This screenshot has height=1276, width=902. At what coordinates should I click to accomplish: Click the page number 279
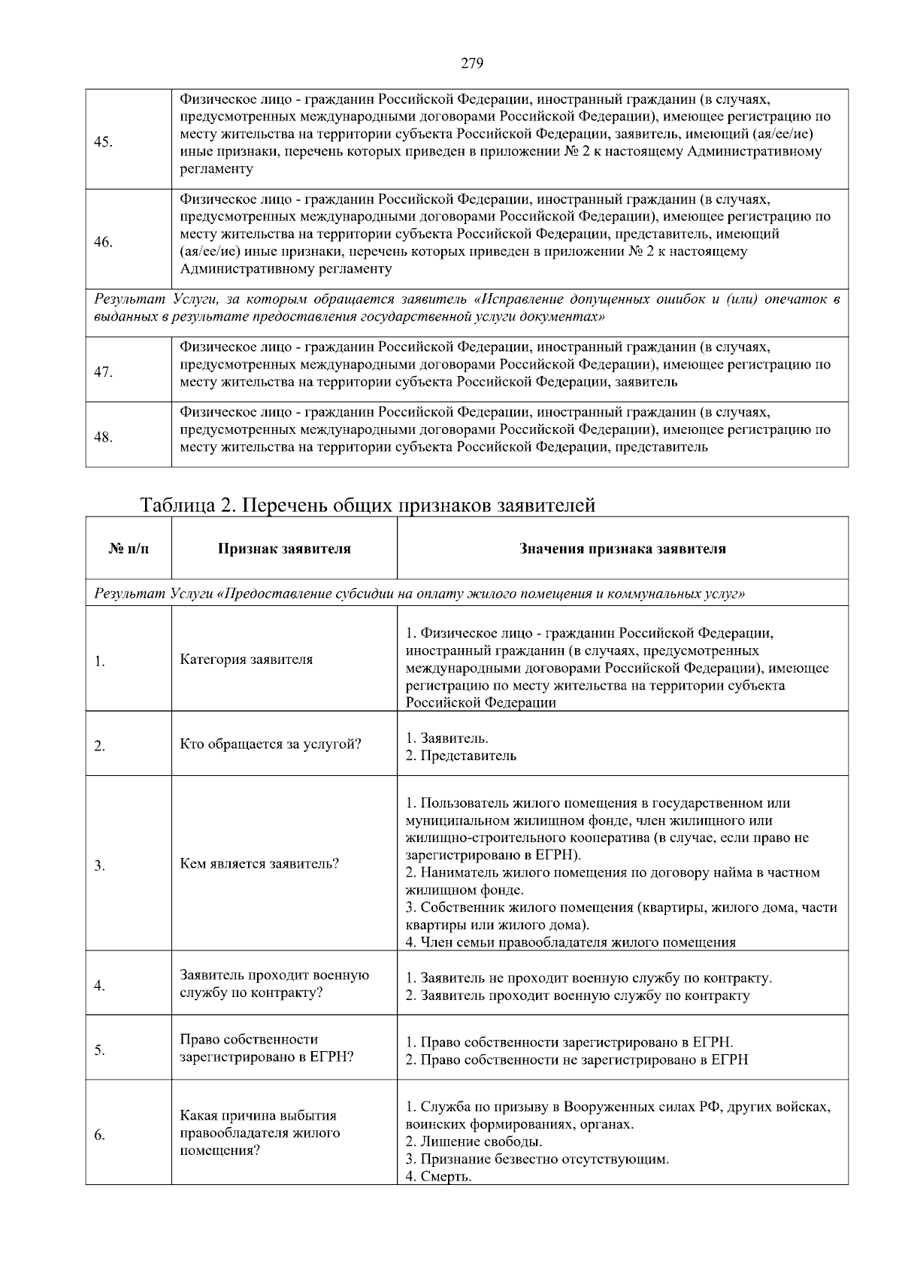click(x=471, y=63)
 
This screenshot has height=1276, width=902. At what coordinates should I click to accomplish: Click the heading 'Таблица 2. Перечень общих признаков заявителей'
click(x=368, y=505)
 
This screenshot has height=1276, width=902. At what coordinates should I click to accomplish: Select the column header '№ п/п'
click(x=129, y=549)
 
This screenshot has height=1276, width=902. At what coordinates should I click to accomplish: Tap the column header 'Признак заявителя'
click(x=284, y=549)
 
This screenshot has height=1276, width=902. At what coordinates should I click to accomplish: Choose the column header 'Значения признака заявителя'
click(x=622, y=549)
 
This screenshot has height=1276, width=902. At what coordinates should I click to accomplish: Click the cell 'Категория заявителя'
click(x=247, y=659)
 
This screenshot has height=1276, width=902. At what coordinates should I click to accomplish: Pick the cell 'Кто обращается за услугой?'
click(x=271, y=744)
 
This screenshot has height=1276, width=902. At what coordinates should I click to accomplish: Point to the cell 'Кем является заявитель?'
click(x=259, y=863)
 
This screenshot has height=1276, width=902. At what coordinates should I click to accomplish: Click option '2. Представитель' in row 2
click(x=461, y=756)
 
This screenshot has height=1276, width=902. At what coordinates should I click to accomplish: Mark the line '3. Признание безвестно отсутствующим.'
click(x=537, y=1159)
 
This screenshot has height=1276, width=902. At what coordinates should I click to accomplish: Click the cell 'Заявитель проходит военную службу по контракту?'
click(x=274, y=984)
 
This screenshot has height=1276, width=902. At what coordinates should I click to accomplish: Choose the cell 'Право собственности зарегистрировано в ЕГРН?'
click(x=267, y=1048)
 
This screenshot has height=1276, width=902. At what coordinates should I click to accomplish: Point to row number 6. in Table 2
click(x=99, y=1135)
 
